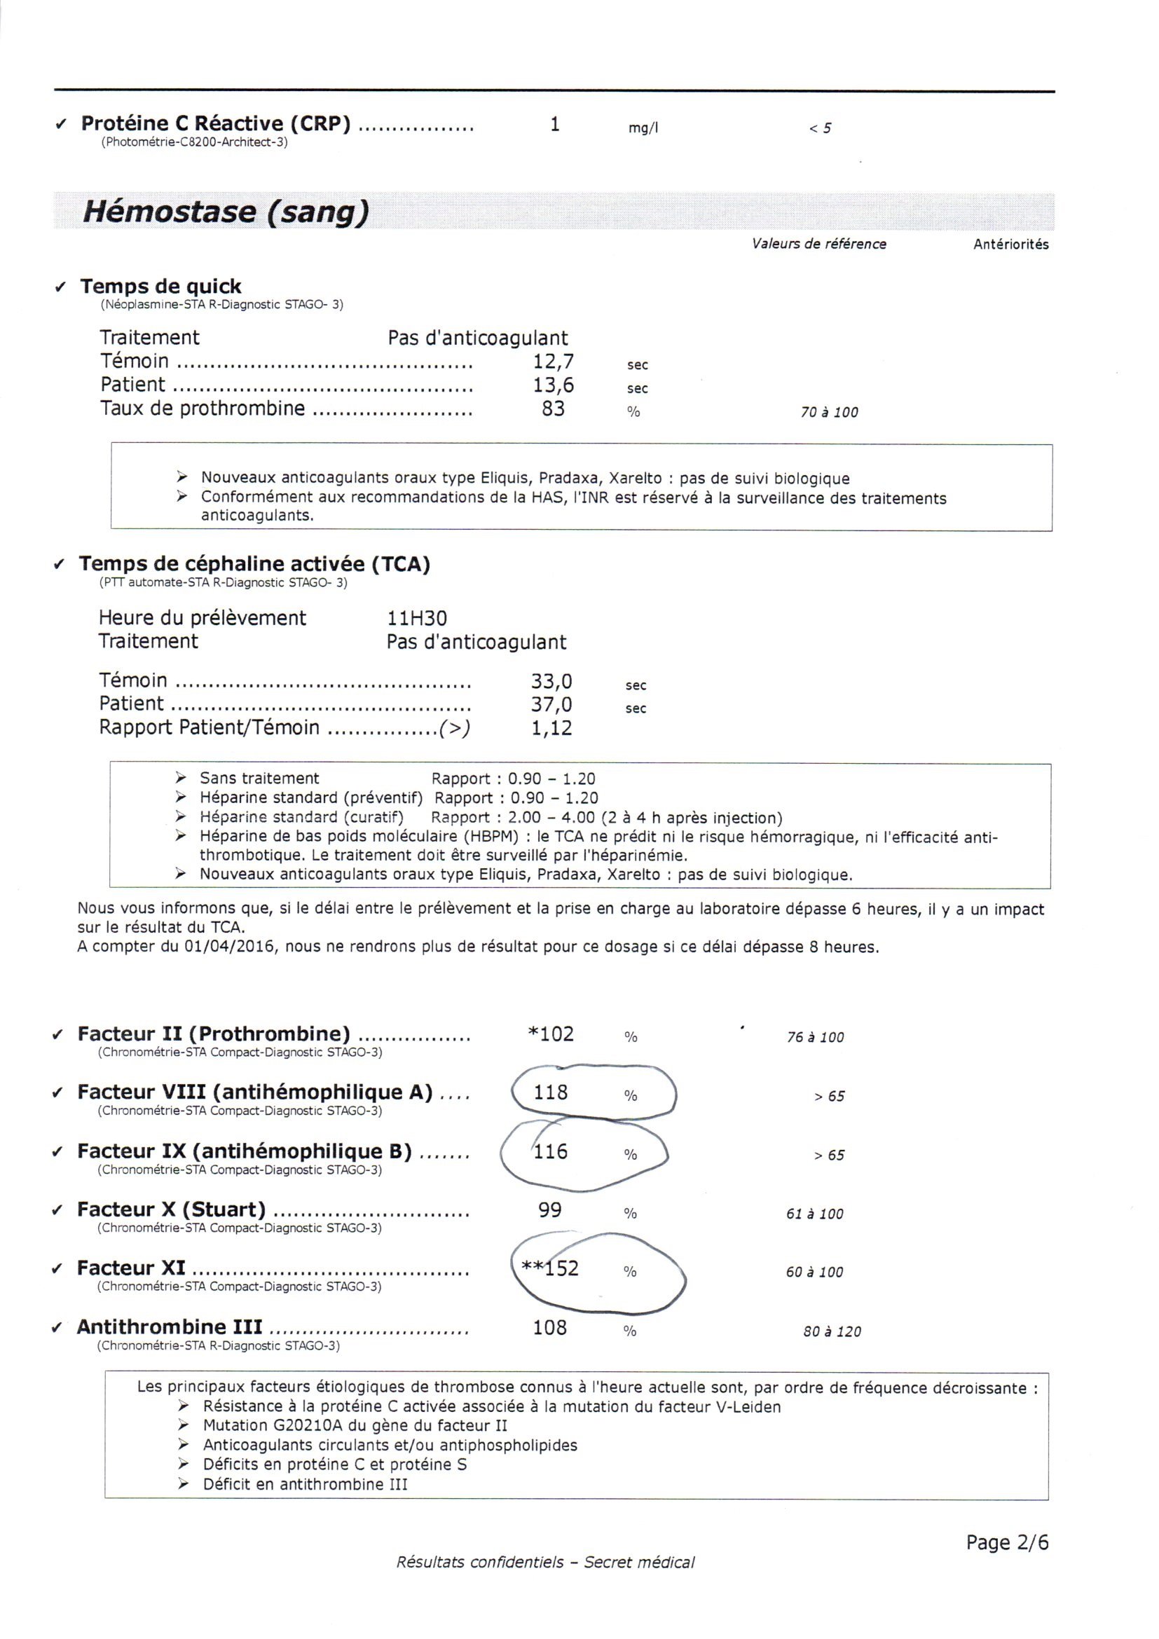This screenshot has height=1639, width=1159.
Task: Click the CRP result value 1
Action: [554, 125]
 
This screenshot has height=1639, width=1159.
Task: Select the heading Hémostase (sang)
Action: [226, 212]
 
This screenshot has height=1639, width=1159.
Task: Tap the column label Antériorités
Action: [1010, 244]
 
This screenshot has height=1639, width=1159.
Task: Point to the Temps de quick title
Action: [160, 287]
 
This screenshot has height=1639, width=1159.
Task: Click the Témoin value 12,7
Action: [553, 361]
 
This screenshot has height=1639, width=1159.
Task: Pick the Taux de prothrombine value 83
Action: [553, 409]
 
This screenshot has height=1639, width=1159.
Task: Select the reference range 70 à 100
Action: [829, 413]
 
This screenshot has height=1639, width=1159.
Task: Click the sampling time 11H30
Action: [417, 618]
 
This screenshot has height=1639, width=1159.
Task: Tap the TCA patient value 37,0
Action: [551, 704]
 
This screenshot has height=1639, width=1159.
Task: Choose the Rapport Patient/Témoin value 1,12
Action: [551, 728]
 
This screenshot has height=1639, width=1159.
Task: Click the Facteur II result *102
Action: [550, 1034]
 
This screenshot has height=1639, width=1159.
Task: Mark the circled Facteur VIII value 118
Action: [551, 1092]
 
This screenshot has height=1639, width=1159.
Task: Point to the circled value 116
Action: [551, 1151]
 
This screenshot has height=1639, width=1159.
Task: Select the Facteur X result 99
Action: [549, 1210]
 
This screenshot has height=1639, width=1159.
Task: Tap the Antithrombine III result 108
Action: [549, 1328]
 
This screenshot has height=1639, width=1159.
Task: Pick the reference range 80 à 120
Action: [832, 1331]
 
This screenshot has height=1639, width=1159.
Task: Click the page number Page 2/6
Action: [1007, 1542]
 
